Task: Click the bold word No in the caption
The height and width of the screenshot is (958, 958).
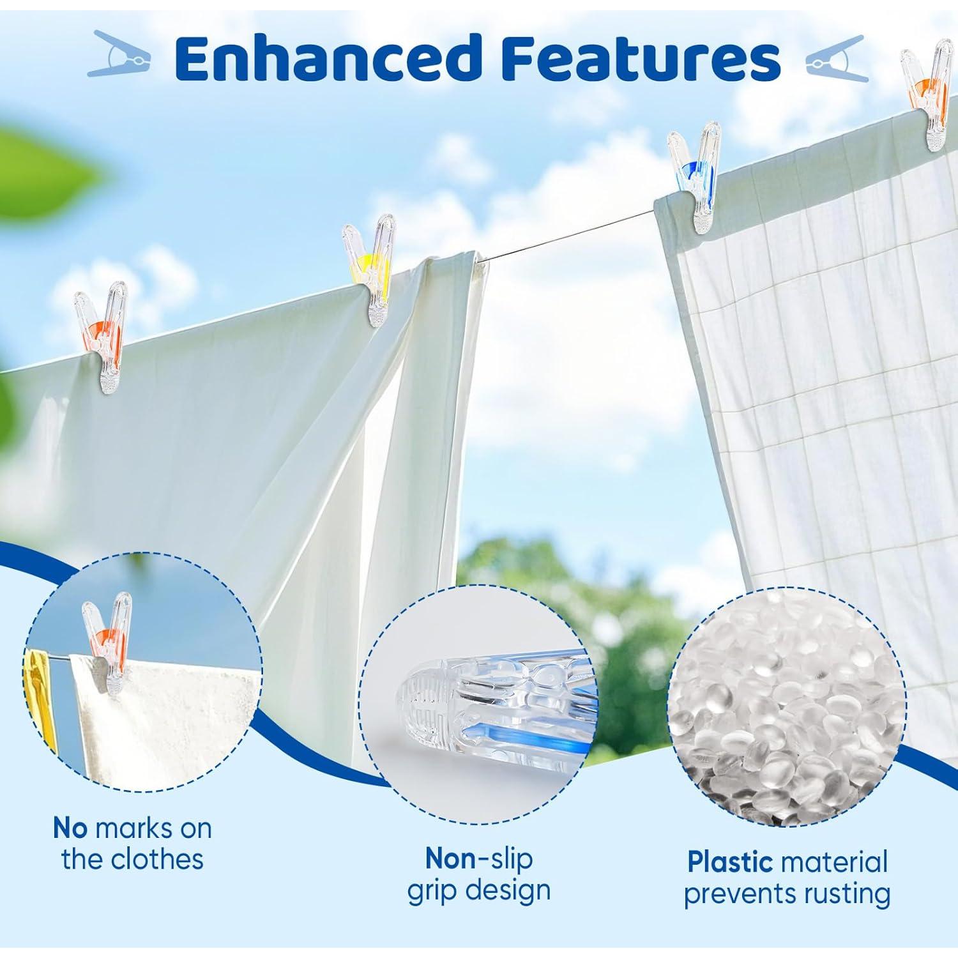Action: point(70,828)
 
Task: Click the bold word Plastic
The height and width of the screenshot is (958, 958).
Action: point(730,862)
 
